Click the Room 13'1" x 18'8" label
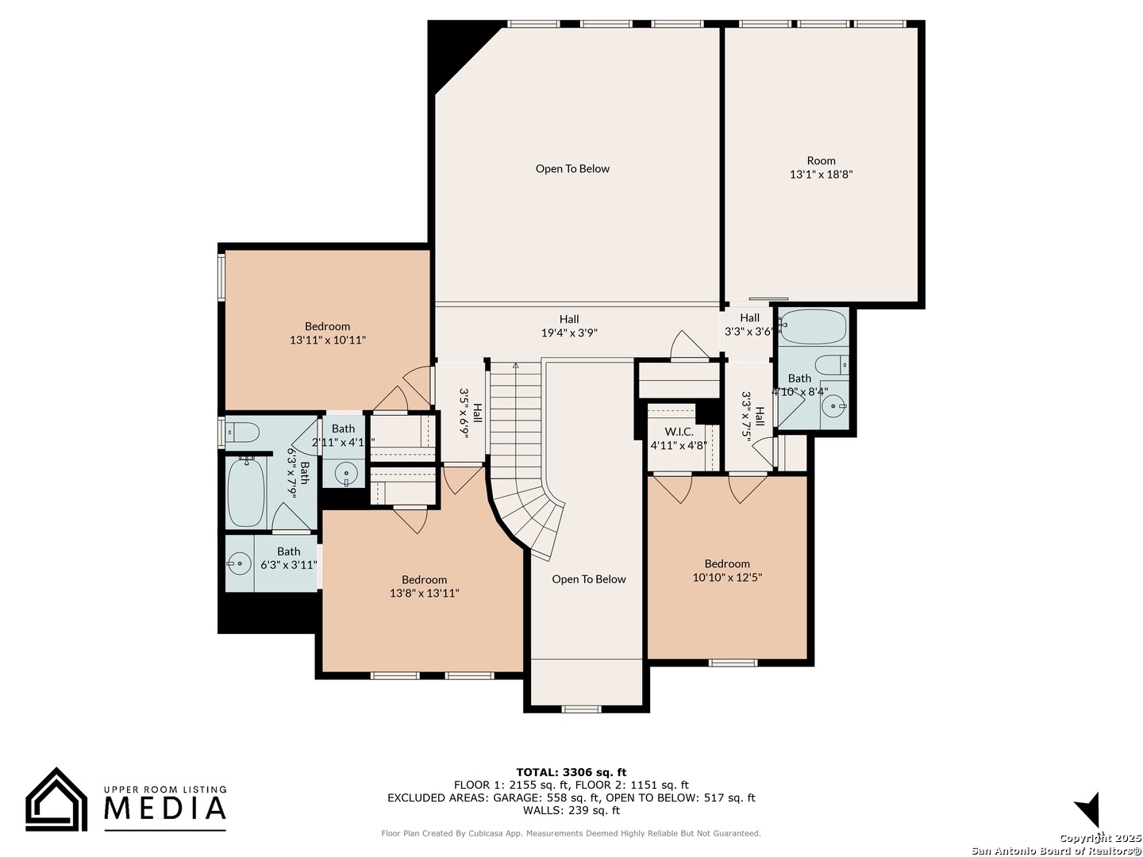[822, 167]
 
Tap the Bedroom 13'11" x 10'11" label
[328, 333]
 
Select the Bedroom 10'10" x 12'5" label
[727, 571]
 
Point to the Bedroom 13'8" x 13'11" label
[425, 586]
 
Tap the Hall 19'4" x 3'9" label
[569, 325]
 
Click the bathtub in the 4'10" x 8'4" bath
[813, 327]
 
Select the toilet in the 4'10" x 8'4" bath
[832, 365]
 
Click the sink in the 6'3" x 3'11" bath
[239, 563]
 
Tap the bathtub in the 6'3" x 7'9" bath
[246, 492]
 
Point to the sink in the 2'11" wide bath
[344, 474]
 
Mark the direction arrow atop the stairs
[515, 366]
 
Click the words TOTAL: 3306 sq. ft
[571, 772]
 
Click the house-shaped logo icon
[56, 799]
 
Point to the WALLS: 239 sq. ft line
[571, 810]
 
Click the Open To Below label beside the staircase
[589, 579]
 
